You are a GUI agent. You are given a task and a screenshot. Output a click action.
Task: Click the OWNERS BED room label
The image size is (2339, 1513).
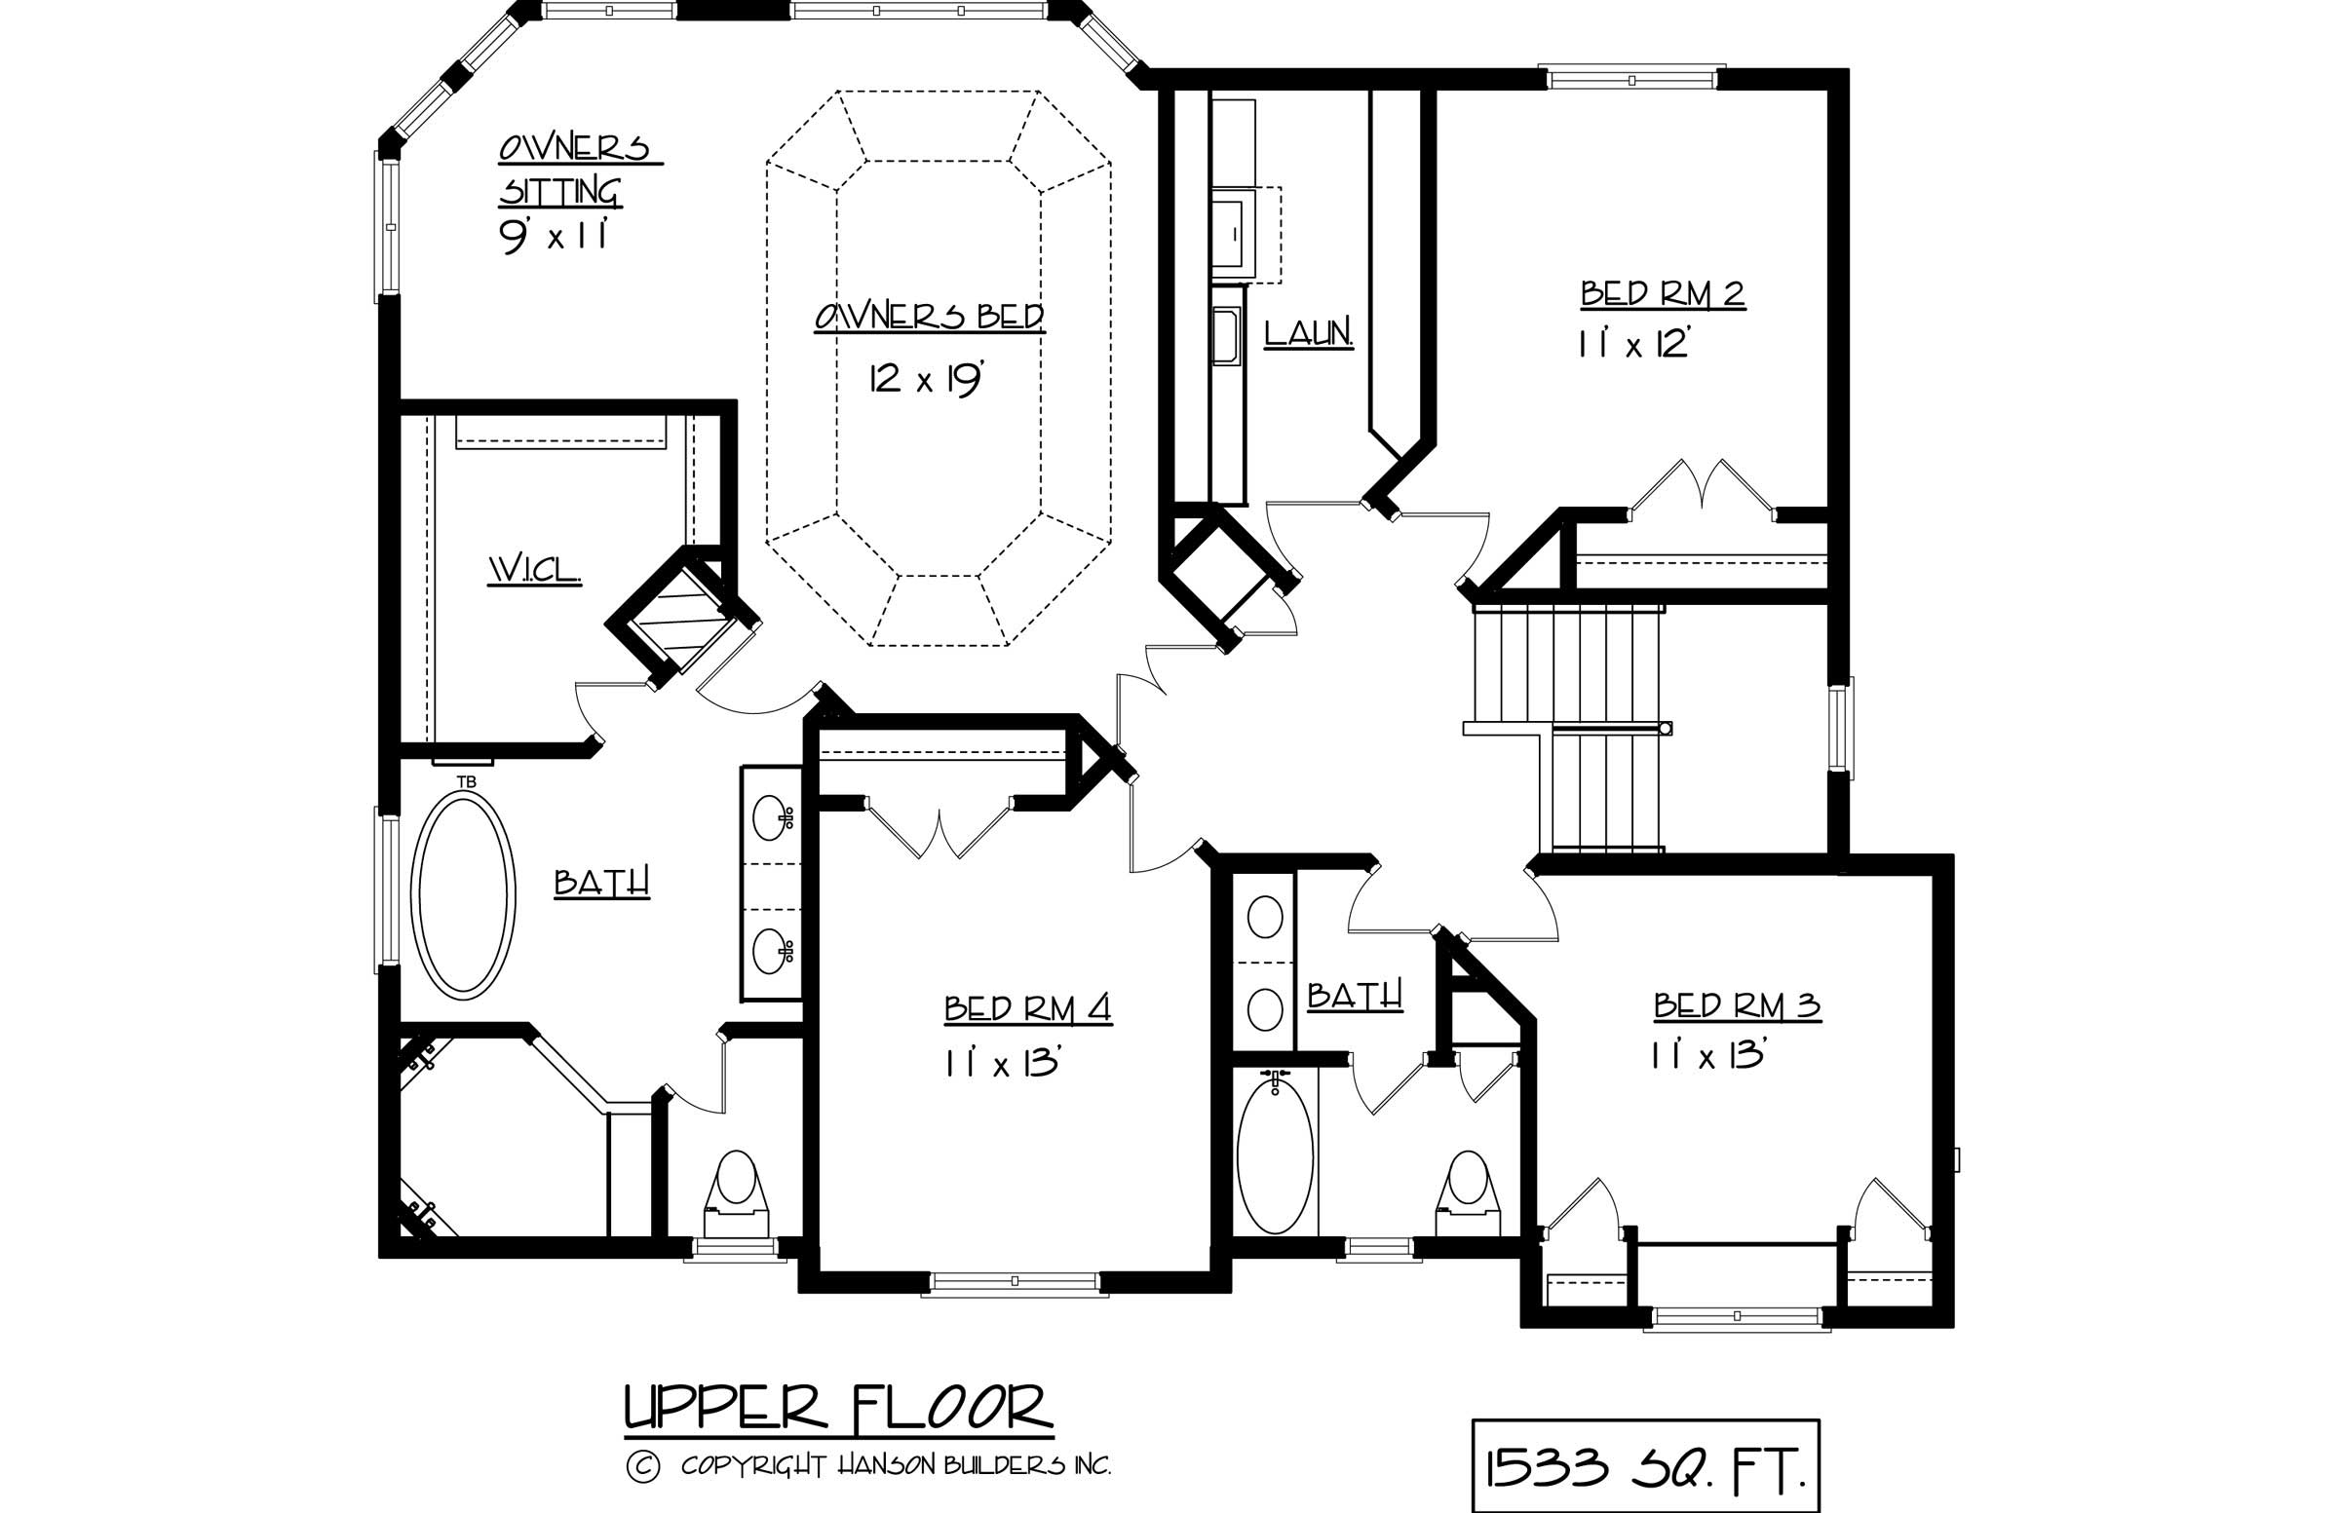point(929,318)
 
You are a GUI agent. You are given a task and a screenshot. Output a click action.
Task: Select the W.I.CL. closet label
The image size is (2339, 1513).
point(535,570)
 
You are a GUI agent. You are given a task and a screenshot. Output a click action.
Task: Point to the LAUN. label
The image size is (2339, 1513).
point(1308,333)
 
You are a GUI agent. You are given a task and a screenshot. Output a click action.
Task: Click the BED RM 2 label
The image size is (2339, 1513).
point(1662,293)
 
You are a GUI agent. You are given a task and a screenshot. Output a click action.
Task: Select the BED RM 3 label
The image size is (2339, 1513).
point(1737,1006)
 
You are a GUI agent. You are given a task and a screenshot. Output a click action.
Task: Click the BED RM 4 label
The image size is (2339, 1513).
point(1027,1009)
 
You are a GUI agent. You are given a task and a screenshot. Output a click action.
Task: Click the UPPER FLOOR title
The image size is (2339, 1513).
point(838,1408)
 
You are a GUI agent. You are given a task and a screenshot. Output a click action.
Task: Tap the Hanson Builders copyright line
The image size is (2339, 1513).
point(868,1467)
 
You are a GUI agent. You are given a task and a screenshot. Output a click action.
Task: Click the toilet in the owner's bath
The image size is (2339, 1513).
point(736,1194)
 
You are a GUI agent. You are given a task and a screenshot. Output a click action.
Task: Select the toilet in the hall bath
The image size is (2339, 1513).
point(1470,1194)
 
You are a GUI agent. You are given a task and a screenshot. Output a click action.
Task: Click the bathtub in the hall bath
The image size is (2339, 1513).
point(1275,1158)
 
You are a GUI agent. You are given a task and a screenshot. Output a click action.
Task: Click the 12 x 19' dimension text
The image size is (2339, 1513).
point(925,378)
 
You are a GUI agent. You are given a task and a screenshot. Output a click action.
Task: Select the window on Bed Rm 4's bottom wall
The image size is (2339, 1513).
point(1015,1283)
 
